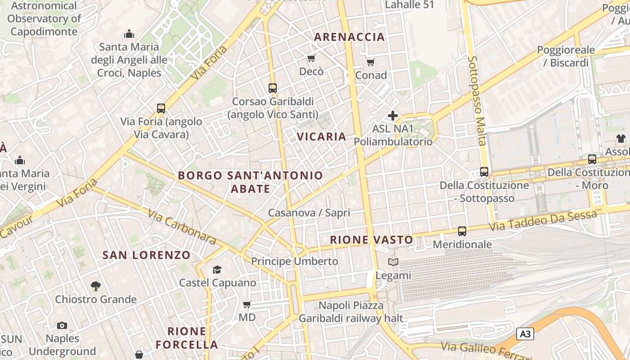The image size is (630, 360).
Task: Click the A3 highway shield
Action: pyautogui.click(x=525, y=334)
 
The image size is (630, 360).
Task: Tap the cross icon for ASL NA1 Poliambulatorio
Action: pyautogui.click(x=393, y=116)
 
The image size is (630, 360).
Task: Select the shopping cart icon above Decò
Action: pyautogui.click(x=311, y=58)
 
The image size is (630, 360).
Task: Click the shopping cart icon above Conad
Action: pyautogui.click(x=370, y=62)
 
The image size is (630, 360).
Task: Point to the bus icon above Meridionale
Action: pyautogui.click(x=462, y=231)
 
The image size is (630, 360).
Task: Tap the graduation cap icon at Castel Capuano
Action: pyautogui.click(x=217, y=270)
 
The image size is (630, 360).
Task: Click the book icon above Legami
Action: pyautogui.click(x=393, y=262)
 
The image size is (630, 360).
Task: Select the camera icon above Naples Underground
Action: pyautogui.click(x=62, y=325)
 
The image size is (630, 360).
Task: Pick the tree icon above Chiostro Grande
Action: pyautogui.click(x=95, y=286)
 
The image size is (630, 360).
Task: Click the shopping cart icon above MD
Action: pyautogui.click(x=247, y=305)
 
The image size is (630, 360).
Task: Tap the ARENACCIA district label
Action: pyautogui.click(x=349, y=37)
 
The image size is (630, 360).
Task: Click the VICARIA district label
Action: pyautogui.click(x=321, y=136)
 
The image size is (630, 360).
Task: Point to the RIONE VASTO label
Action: pyautogui.click(x=371, y=240)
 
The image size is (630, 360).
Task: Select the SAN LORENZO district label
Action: pyautogui.click(x=147, y=255)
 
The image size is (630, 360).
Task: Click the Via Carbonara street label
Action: pyautogui.click(x=182, y=228)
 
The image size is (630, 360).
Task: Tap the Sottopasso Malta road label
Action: pyautogui.click(x=477, y=101)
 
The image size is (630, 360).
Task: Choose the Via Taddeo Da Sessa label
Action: pyautogui.click(x=543, y=221)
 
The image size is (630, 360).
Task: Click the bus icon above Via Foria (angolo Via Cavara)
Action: pyautogui.click(x=161, y=108)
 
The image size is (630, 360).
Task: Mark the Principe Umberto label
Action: pyautogui.click(x=294, y=261)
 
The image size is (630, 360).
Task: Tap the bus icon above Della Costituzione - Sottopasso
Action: pyautogui.click(x=484, y=172)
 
